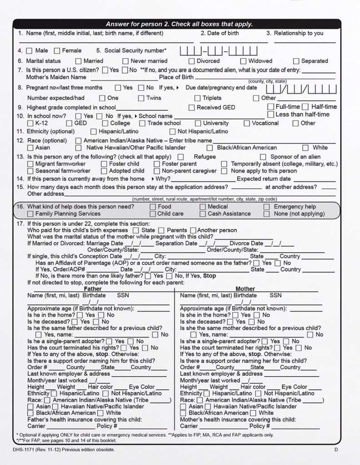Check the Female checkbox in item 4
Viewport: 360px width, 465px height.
[57, 51]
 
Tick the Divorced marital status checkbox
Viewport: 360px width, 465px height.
[192, 61]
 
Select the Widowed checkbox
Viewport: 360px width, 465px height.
[244, 61]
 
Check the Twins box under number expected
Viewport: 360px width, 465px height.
[141, 98]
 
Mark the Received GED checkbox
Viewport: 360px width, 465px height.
[192, 108]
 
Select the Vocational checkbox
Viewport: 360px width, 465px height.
[247, 123]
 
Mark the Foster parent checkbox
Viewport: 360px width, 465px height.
[157, 164]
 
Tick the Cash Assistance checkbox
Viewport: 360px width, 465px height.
[203, 214]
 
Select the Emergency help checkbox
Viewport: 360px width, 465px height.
[267, 207]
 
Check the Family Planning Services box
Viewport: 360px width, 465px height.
[30, 214]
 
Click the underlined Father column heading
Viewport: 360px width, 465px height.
[93, 289]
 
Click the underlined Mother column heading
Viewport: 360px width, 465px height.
[245, 289]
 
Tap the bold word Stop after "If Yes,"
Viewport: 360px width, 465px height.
[210, 276]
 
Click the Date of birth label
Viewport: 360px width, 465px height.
[220, 33]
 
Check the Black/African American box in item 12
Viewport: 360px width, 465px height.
[210, 148]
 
